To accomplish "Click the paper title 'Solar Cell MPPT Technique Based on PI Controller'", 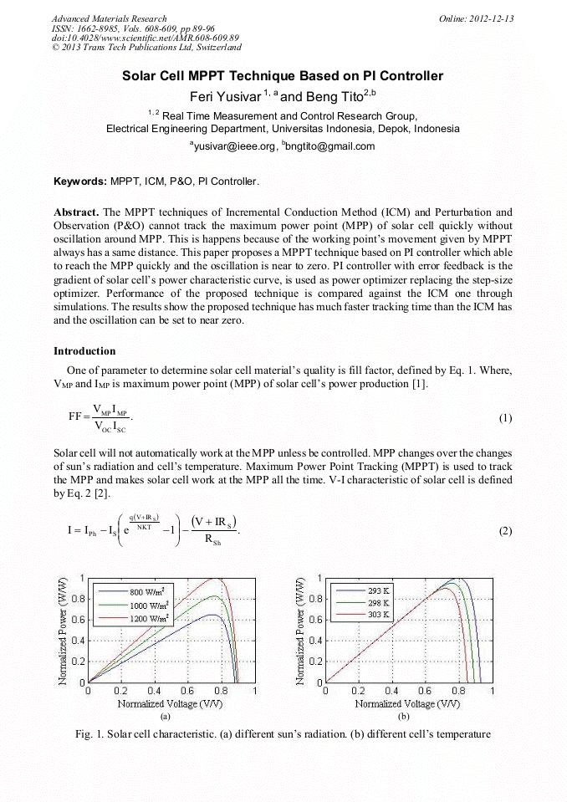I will [x=283, y=76].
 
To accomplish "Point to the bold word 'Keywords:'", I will [x=79, y=181].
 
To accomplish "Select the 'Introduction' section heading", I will [x=84, y=350].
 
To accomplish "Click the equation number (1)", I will [x=505, y=417].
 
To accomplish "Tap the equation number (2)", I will [x=505, y=531].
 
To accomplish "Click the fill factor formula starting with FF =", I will [x=100, y=417].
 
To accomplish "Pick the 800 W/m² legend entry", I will [x=151, y=590].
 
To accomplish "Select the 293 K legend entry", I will [x=379, y=590].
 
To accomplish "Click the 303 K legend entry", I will [x=379, y=615].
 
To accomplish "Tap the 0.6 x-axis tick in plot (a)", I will [x=188, y=692].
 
